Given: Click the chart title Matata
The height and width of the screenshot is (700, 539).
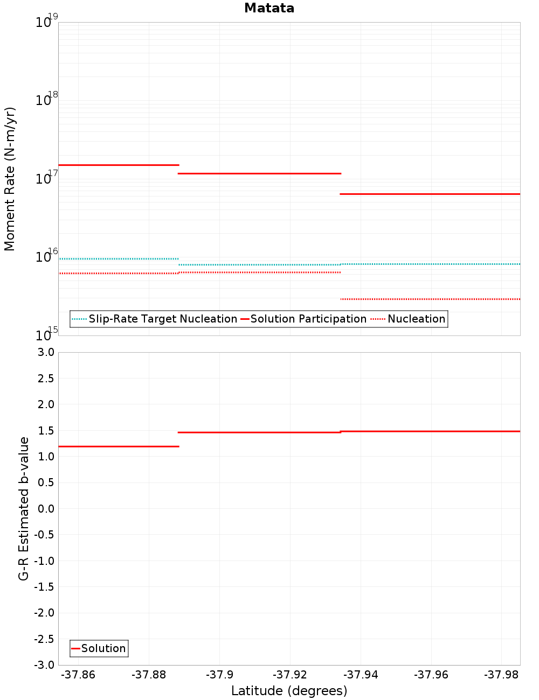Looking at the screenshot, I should tap(269, 8).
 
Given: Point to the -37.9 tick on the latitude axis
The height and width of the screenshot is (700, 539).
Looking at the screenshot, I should tap(220, 675).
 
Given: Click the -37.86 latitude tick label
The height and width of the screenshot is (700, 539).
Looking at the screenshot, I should tap(78, 675).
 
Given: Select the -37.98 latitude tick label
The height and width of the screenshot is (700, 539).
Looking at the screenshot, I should tap(502, 675).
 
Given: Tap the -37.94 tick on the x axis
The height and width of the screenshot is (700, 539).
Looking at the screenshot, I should tap(361, 675).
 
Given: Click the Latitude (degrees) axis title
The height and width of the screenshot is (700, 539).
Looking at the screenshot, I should tap(289, 691).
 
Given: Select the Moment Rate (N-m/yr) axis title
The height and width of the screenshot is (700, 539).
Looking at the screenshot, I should tap(10, 179).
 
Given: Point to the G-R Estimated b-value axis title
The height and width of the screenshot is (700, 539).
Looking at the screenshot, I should tap(24, 508).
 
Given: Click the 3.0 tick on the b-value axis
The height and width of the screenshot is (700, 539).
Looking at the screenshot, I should tap(46, 352).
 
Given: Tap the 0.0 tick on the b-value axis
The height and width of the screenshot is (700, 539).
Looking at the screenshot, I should tap(46, 509).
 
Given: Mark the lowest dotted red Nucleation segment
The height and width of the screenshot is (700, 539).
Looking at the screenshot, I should tap(430, 299).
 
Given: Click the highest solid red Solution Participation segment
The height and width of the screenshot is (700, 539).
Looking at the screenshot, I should tap(119, 165).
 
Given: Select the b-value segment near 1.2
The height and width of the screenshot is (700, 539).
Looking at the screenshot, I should tap(119, 446).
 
